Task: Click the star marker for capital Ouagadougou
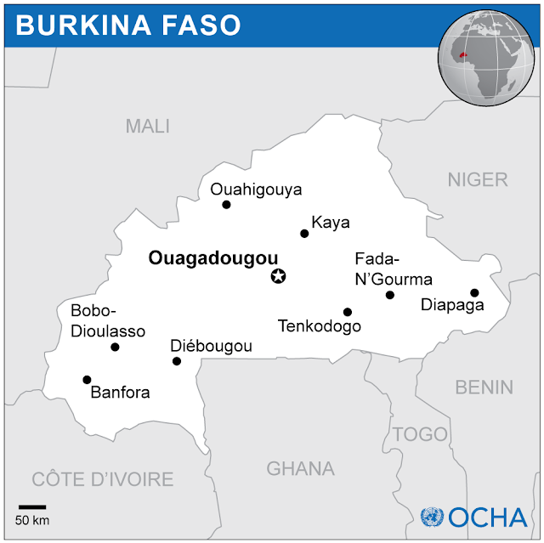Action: (278, 275)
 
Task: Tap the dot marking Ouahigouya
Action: (226, 205)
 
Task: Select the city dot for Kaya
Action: (304, 233)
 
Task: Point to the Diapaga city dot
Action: (474, 293)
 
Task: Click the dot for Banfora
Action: (87, 380)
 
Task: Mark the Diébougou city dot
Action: (177, 361)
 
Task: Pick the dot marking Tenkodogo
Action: (347, 312)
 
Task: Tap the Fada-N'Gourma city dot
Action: (390, 295)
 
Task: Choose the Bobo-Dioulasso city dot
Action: (115, 347)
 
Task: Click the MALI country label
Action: (148, 127)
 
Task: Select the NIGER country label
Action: (478, 179)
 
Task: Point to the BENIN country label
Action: (484, 387)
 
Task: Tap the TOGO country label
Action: (420, 434)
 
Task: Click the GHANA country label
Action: (300, 468)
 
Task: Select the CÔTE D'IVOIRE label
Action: (102, 478)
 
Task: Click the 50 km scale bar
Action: (32, 507)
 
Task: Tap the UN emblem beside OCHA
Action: (433, 516)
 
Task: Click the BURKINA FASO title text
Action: (128, 25)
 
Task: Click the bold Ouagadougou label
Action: (213, 258)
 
